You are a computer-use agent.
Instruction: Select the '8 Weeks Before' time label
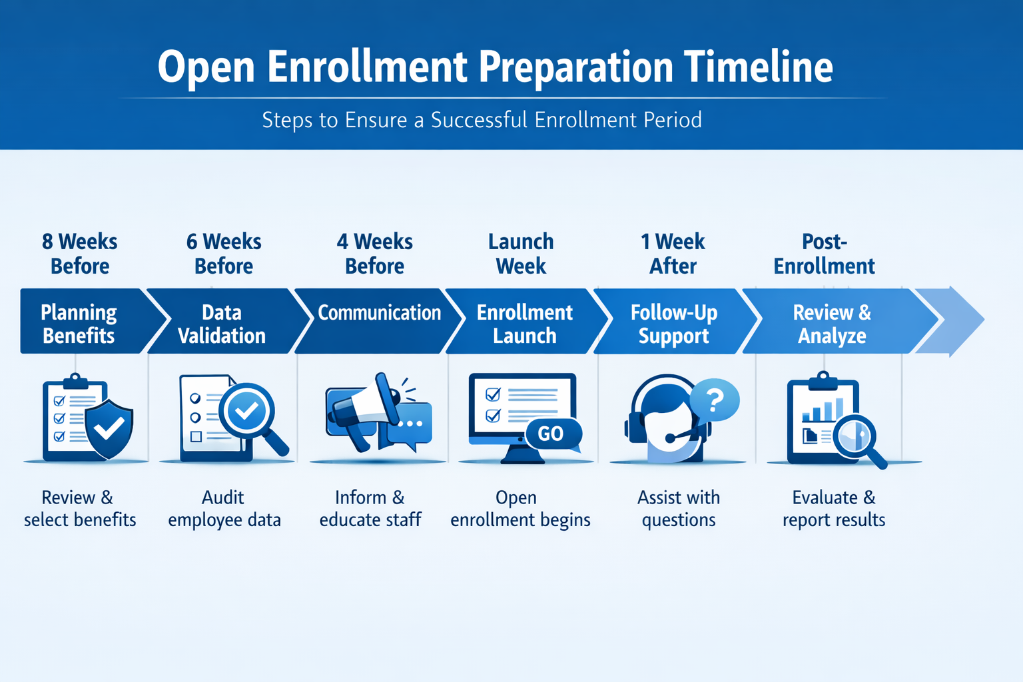tap(80, 254)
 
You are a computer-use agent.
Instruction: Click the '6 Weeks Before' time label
tap(224, 254)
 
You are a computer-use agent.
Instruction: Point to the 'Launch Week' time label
tap(521, 254)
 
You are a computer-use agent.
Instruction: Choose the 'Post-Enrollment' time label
tap(824, 254)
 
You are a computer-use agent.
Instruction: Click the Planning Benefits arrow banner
tap(80, 324)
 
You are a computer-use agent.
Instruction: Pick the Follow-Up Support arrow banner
tap(673, 324)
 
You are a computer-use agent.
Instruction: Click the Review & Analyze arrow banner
tap(832, 324)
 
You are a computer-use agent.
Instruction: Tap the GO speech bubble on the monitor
tap(551, 434)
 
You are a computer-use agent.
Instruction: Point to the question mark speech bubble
tap(715, 400)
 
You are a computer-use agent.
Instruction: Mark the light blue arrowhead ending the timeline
tap(952, 321)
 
